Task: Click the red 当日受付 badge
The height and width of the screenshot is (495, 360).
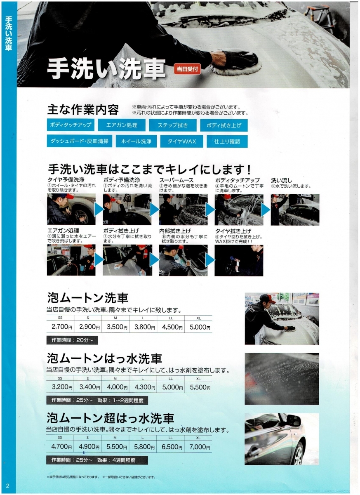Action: click(x=187, y=69)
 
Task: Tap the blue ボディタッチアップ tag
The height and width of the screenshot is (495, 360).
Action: click(x=71, y=125)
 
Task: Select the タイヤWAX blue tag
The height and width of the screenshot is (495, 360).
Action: click(x=181, y=141)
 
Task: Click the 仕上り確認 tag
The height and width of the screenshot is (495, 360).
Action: click(x=227, y=141)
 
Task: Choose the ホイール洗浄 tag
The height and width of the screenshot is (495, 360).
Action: click(x=136, y=141)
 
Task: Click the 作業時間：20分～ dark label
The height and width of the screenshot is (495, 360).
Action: click(x=72, y=340)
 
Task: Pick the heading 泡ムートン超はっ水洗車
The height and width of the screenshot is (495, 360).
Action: click(x=111, y=418)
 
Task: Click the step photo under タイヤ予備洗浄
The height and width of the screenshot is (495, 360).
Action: click(x=71, y=209)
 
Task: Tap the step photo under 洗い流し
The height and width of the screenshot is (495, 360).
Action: click(x=295, y=210)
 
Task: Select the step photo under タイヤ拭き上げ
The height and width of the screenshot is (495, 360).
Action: click(x=239, y=260)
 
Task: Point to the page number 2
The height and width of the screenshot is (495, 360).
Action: click(x=8, y=486)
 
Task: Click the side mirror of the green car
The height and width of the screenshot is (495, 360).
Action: click(x=294, y=422)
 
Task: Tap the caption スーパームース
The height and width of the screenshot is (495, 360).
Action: click(x=176, y=180)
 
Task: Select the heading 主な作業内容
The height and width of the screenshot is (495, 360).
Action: click(x=83, y=110)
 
